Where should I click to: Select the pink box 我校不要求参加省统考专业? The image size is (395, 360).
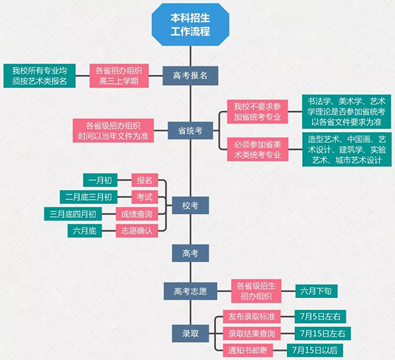pyautogui.click(x=257, y=112)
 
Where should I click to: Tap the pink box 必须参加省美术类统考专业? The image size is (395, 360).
pyautogui.click(x=257, y=149)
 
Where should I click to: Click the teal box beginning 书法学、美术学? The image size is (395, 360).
pyautogui.click(x=344, y=112)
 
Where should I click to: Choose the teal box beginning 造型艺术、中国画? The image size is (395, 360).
pyautogui.click(x=344, y=149)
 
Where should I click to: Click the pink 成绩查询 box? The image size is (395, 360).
pyautogui.click(x=137, y=214)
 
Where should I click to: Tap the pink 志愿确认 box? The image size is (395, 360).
pyautogui.click(x=137, y=230)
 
